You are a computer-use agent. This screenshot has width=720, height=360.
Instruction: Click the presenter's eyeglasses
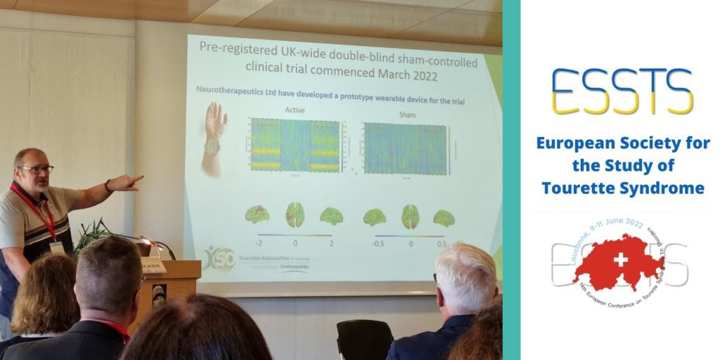pos(36,169)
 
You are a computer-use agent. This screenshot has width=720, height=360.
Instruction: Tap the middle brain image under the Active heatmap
pos(295,214)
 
